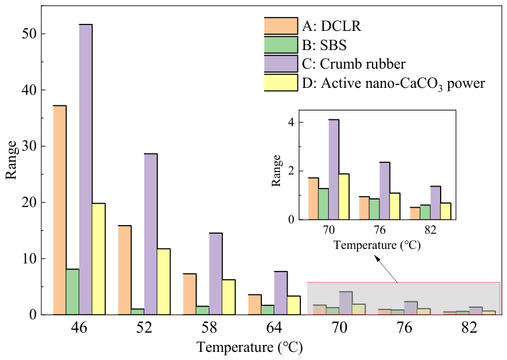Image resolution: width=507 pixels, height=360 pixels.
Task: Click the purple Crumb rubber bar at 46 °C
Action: (x=86, y=169)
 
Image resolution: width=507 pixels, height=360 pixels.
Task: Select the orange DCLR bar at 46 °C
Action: (x=59, y=210)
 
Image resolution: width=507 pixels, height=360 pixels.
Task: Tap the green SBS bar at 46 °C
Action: (x=72, y=292)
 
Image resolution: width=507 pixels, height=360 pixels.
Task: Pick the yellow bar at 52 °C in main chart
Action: (x=164, y=281)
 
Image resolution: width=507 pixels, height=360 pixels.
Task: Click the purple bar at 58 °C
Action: (x=216, y=274)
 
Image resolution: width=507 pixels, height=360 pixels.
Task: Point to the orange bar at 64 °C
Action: (x=254, y=304)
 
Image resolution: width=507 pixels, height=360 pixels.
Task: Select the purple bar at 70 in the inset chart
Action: (x=334, y=170)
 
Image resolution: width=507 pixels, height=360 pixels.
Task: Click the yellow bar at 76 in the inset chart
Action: (x=395, y=206)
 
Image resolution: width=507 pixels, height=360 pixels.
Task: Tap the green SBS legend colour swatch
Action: (x=281, y=45)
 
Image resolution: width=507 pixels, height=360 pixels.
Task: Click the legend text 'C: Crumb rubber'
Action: (x=353, y=64)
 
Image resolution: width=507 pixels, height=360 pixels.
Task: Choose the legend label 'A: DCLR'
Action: (x=331, y=26)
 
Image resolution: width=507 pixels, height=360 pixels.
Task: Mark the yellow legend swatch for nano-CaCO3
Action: (x=281, y=83)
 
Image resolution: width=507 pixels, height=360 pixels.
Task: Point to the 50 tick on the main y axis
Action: (x=29, y=34)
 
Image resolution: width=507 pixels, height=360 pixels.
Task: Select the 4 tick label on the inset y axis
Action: (x=292, y=123)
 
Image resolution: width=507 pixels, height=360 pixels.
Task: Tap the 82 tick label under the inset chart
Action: (x=430, y=230)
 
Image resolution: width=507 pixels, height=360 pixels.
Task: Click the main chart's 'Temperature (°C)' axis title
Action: (x=250, y=347)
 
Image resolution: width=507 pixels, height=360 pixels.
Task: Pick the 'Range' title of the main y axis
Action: (x=11, y=160)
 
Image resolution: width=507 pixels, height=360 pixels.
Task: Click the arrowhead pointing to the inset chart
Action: (x=377, y=258)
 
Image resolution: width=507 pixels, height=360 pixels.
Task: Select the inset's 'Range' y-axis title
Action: (x=276, y=170)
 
